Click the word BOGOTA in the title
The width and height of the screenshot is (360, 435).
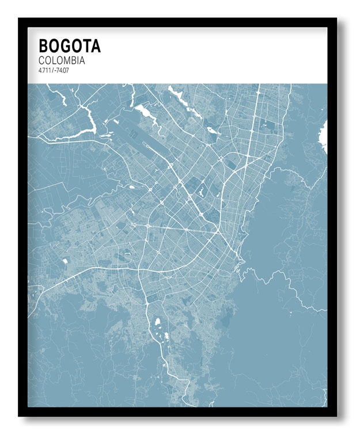point(69,45)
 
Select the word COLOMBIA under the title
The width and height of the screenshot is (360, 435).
point(62,60)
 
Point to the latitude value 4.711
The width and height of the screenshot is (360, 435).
point(44,70)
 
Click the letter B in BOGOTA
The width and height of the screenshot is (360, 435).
point(44,45)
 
